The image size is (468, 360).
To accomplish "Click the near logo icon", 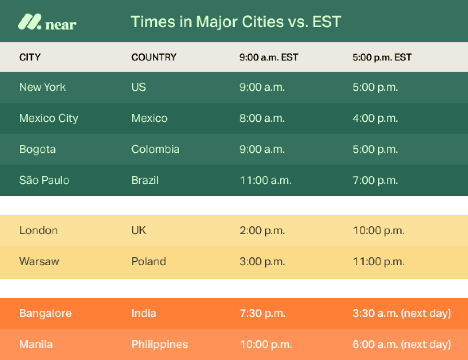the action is [30, 22].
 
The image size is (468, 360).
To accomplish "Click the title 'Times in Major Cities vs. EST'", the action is [236, 22].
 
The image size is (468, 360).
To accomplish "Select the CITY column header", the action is [30, 57].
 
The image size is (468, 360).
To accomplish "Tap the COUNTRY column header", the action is [154, 57].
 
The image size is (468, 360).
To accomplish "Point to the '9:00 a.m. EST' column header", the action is [269, 57].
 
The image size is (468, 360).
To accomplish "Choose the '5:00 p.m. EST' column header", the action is [382, 57].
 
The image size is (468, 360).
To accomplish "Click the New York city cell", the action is [42, 87].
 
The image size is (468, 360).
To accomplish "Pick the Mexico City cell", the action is [49, 118].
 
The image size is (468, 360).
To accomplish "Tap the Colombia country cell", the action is [155, 149].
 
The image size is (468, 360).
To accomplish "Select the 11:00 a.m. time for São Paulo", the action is [265, 180].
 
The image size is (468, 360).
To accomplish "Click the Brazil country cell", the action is [145, 180].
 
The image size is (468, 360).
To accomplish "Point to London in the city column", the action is [38, 230].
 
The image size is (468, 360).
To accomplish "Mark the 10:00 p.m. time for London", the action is [379, 230].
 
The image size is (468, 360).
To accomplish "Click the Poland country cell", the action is [148, 262].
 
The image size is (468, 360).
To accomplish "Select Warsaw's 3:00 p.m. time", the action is [262, 262].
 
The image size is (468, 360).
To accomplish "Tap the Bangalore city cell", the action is [45, 314].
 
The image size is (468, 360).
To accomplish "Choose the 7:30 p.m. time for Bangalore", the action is [263, 314].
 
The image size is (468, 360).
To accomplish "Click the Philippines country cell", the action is [159, 344].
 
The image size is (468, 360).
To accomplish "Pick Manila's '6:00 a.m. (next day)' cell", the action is [402, 344].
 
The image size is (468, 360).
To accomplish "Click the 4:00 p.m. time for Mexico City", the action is [375, 118].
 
